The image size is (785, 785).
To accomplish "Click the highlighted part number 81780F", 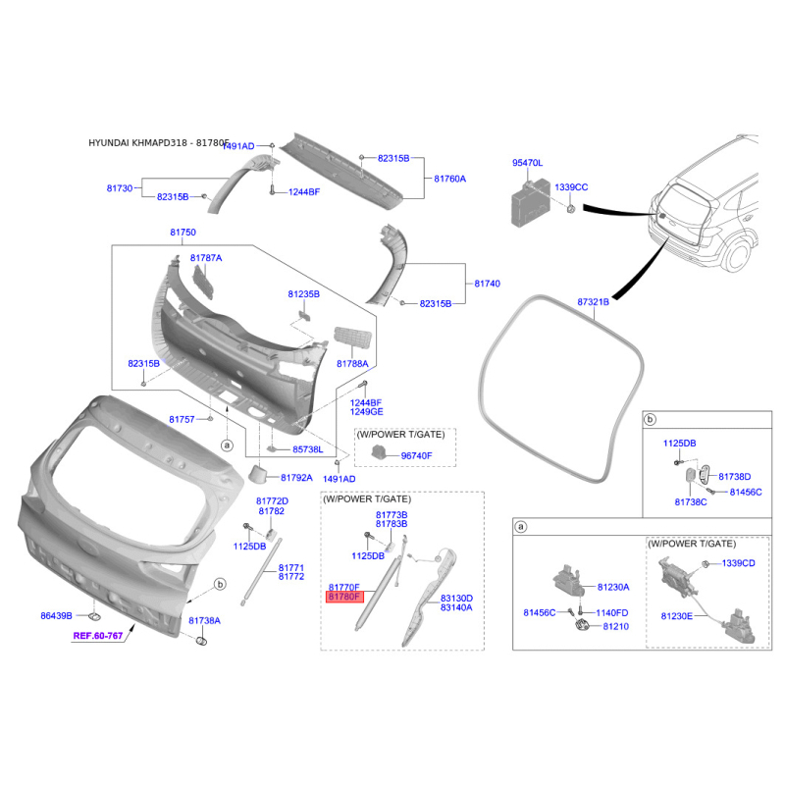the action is point(345,597).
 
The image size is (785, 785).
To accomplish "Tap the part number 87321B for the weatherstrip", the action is point(593,302).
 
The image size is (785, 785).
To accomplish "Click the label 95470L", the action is point(527,163).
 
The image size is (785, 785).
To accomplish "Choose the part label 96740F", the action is point(416,456).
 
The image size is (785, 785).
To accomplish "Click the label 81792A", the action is point(295,478).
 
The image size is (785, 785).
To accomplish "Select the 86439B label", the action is point(56,616).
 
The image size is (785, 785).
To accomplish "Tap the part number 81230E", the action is point(676,616).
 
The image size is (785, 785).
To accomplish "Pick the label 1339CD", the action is point(739,563).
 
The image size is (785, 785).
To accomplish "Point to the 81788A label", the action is point(352,363).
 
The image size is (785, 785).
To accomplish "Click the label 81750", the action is point(183,232).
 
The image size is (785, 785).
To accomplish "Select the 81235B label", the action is point(303,293).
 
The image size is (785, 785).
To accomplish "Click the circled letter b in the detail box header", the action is point(650,421).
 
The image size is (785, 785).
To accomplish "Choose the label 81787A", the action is point(206,258).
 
